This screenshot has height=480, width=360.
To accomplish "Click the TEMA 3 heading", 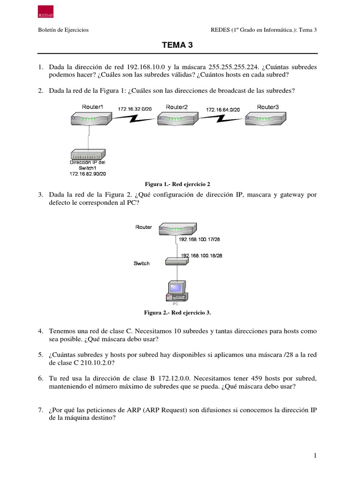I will (x=177, y=45).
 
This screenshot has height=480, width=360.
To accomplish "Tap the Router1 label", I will (x=92, y=107).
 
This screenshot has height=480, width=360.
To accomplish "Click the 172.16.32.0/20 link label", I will (x=135, y=109).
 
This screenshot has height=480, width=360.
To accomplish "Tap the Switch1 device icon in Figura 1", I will (x=88, y=154).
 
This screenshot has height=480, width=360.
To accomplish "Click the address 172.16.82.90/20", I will (x=88, y=173).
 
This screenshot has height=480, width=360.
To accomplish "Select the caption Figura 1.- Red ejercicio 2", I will (x=176, y=184).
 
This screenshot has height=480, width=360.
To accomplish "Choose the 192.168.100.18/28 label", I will (x=201, y=256).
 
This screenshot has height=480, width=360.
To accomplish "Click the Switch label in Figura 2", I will (x=142, y=263).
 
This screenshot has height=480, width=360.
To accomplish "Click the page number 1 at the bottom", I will (x=316, y=455).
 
